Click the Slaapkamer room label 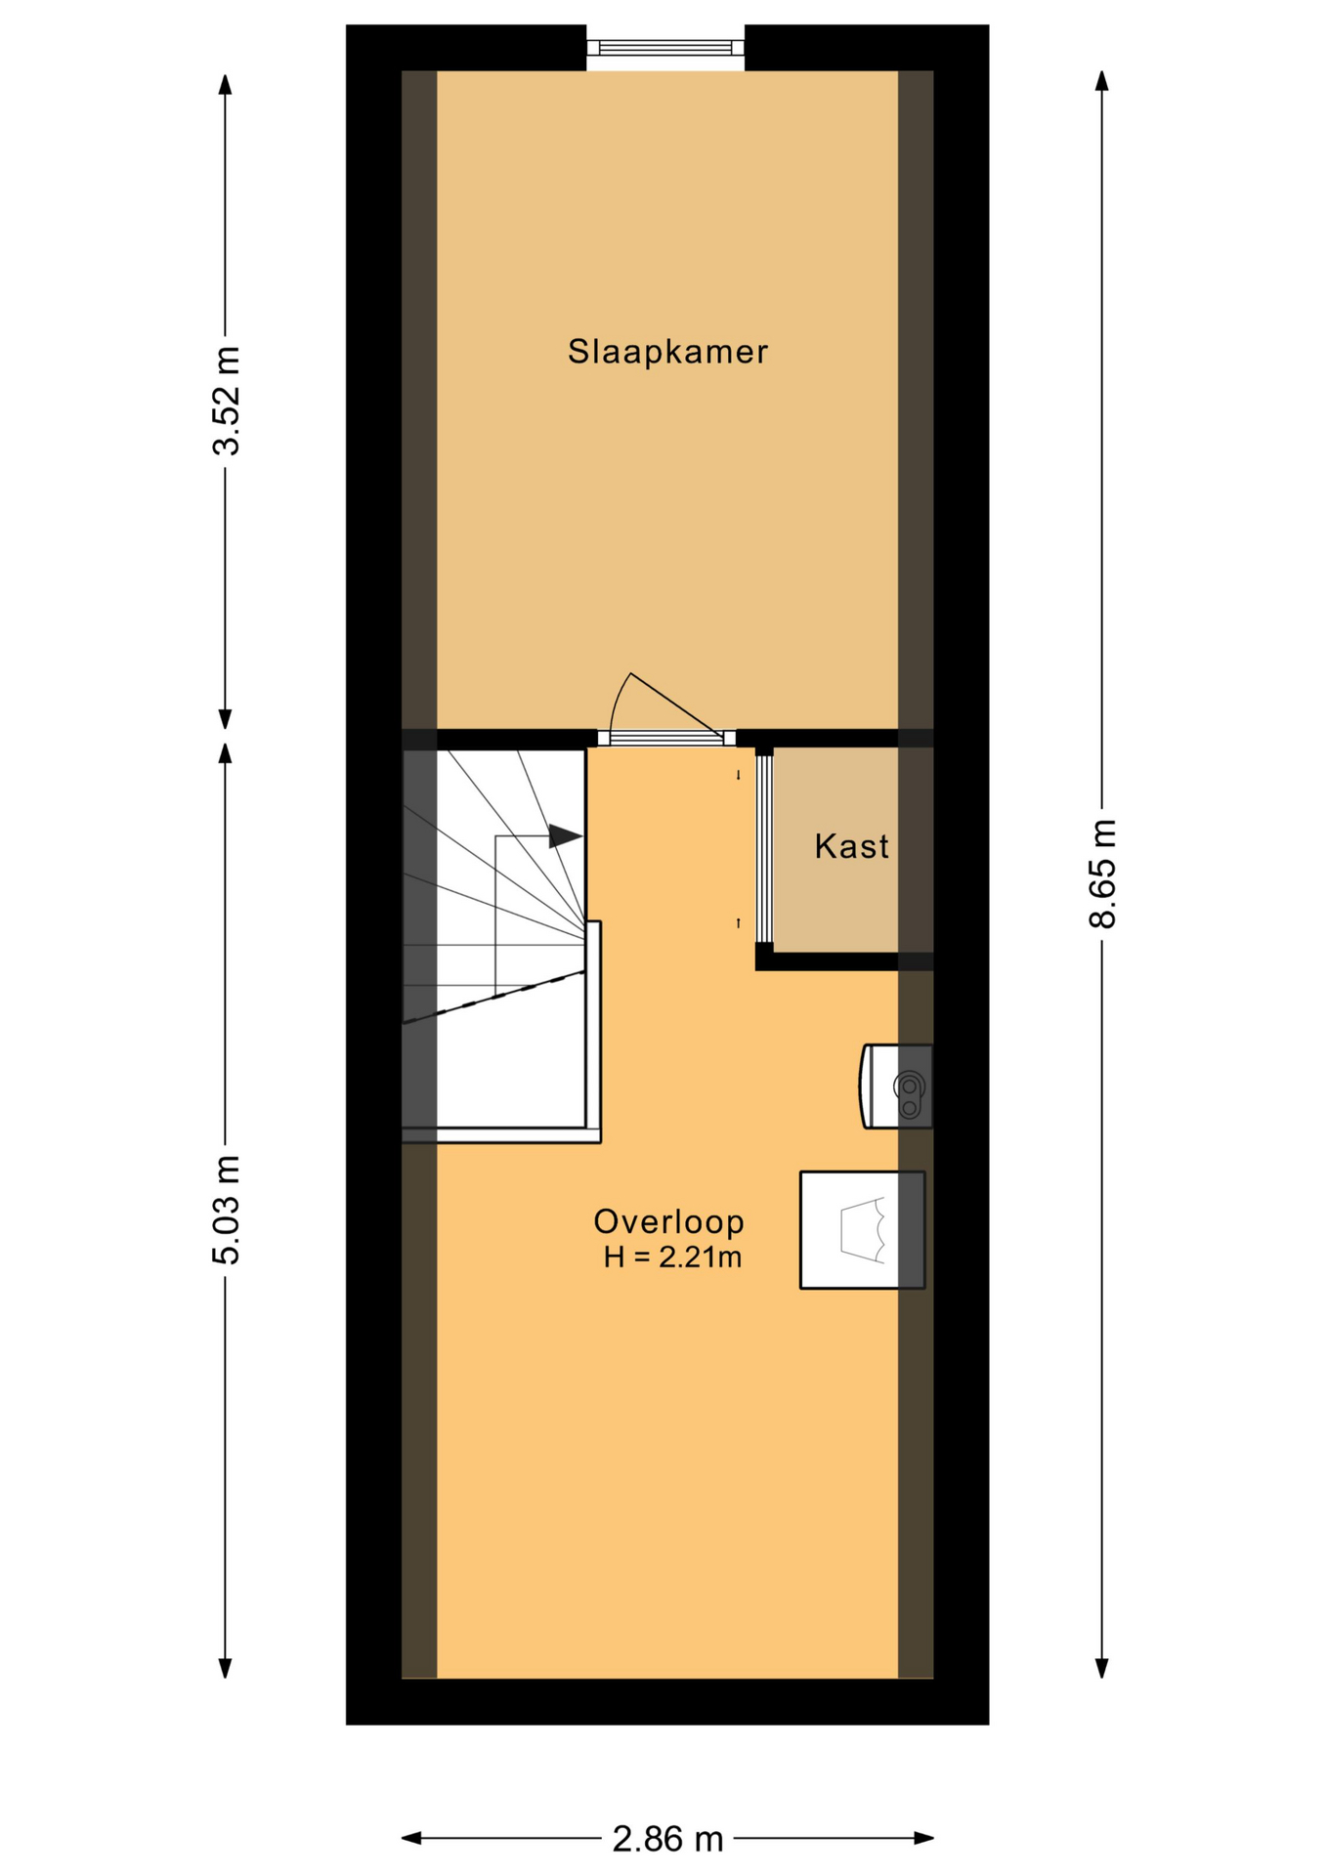coord(667,352)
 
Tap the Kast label coord(851,846)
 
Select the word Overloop coord(668,1221)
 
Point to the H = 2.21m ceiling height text coord(672,1257)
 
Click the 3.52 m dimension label coord(226,401)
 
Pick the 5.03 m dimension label coord(226,1210)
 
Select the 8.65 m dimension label coord(1102,873)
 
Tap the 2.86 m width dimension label coord(667,1839)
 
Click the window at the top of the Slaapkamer coord(665,46)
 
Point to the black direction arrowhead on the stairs coord(566,836)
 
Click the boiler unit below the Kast coord(895,1087)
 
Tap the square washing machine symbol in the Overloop coord(862,1229)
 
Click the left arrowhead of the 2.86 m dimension coord(411,1838)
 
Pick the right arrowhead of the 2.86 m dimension coord(924,1838)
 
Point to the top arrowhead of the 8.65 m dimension coord(1102,81)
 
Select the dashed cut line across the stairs coord(494,997)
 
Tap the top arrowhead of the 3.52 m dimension coord(226,84)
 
